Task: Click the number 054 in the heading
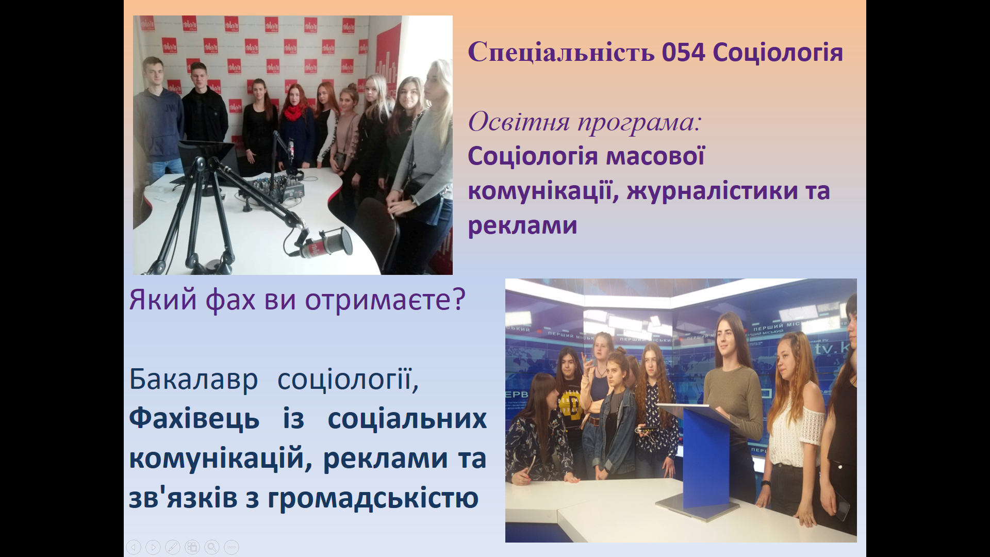pos(683,53)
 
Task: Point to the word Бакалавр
pos(193,380)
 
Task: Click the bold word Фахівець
pos(194,418)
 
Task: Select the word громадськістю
pos(373,498)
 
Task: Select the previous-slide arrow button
pos(134,547)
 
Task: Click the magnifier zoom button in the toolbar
pos(212,547)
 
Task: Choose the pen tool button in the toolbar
pos(173,547)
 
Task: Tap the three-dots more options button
pos(232,547)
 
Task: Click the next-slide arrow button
pos(153,547)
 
